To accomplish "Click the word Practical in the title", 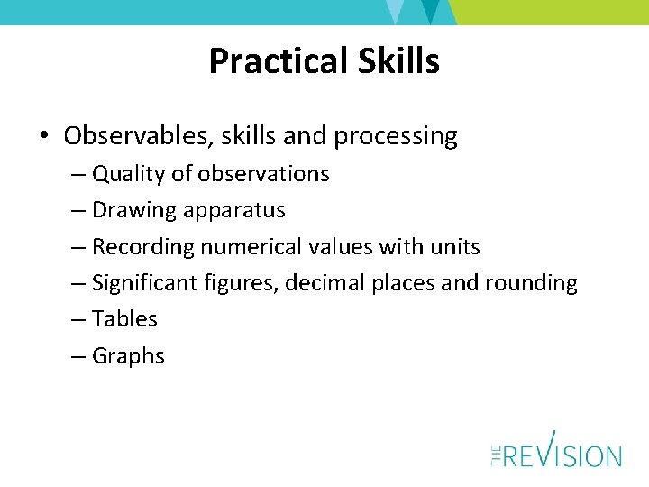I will [269, 61].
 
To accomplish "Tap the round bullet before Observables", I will [44, 137].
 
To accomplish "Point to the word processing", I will [396, 137].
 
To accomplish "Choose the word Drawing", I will [134, 210].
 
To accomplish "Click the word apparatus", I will [234, 211].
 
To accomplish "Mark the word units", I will [455, 246].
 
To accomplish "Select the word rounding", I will [531, 283].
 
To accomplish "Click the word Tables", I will [125, 319].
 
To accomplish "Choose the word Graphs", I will [129, 356].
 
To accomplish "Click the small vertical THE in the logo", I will [496, 455].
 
